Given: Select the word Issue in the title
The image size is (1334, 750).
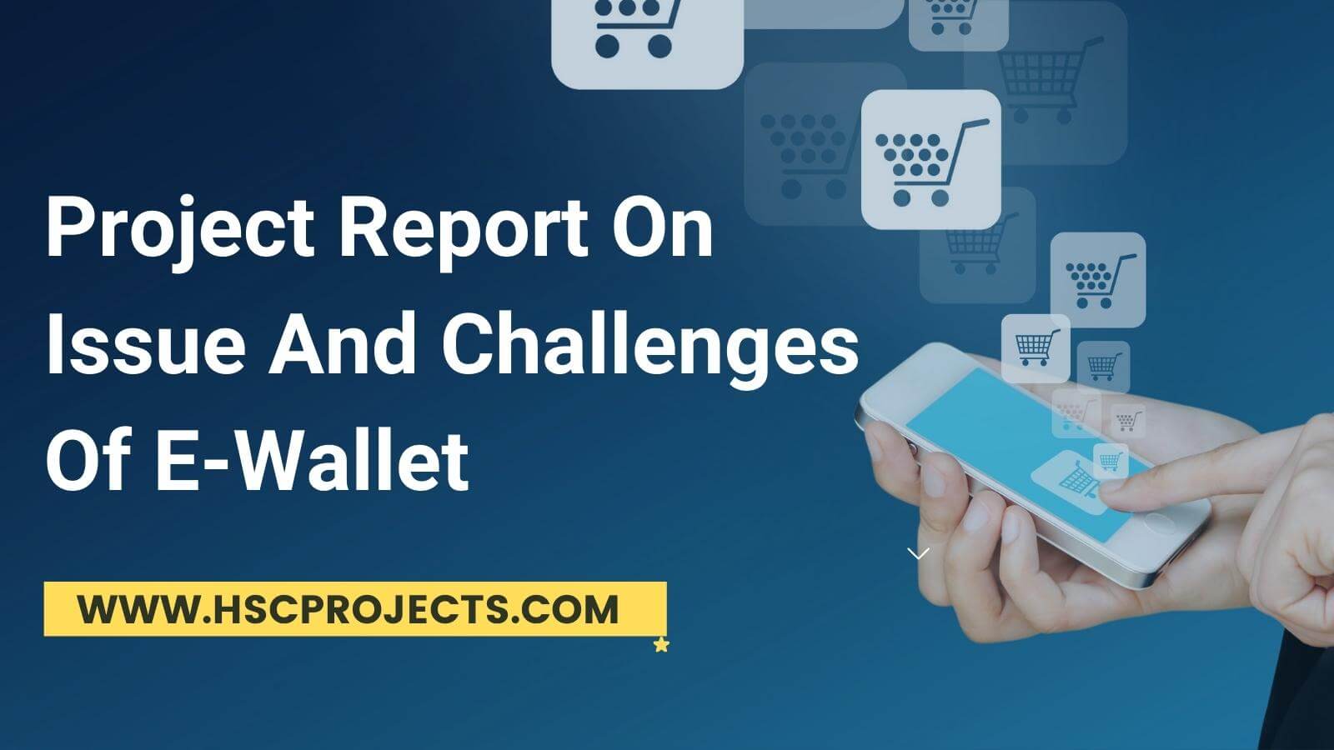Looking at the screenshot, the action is pyautogui.click(x=146, y=345).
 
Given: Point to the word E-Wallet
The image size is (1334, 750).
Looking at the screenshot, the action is pyautogui.click(x=313, y=461).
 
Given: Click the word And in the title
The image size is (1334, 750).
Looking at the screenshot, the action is pyautogui.click(x=343, y=344).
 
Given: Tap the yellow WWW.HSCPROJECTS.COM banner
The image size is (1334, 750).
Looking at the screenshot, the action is pyautogui.click(x=355, y=609).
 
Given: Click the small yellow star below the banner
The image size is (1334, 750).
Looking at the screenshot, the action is pyautogui.click(x=661, y=645).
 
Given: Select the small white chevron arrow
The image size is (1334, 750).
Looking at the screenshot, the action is pyautogui.click(x=918, y=553).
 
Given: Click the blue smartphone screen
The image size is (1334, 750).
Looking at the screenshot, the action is pyautogui.click(x=1025, y=452).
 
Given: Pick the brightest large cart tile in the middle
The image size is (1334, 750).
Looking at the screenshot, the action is pyautogui.click(x=930, y=159).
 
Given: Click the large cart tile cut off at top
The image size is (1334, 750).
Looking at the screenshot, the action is pyautogui.click(x=647, y=42).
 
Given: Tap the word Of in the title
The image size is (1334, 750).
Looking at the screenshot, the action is pyautogui.click(x=89, y=461).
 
